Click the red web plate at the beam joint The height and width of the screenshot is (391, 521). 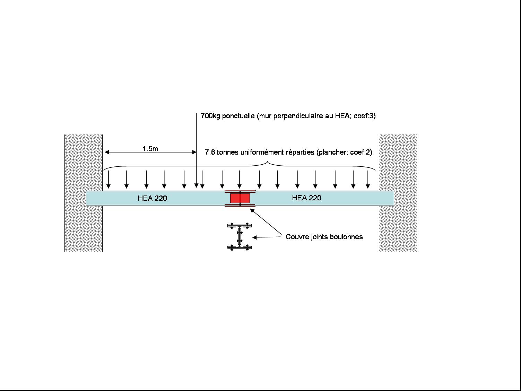[x=240, y=198]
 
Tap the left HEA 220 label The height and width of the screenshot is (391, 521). [x=152, y=198]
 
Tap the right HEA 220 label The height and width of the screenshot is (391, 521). [x=306, y=198]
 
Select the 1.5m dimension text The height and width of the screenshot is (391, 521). [x=150, y=149]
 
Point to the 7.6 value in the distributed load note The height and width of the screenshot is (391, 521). [x=210, y=152]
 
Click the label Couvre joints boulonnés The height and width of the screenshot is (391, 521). [x=324, y=237]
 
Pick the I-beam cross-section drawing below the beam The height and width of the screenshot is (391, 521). [x=240, y=237]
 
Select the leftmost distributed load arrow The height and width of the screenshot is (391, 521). [x=108, y=180]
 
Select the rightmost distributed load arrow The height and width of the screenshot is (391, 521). [x=368, y=180]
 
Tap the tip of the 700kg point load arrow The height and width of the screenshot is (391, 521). [x=196, y=186]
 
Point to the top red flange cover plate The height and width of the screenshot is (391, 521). [x=240, y=191]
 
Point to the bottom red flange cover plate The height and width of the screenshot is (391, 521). [x=240, y=206]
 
